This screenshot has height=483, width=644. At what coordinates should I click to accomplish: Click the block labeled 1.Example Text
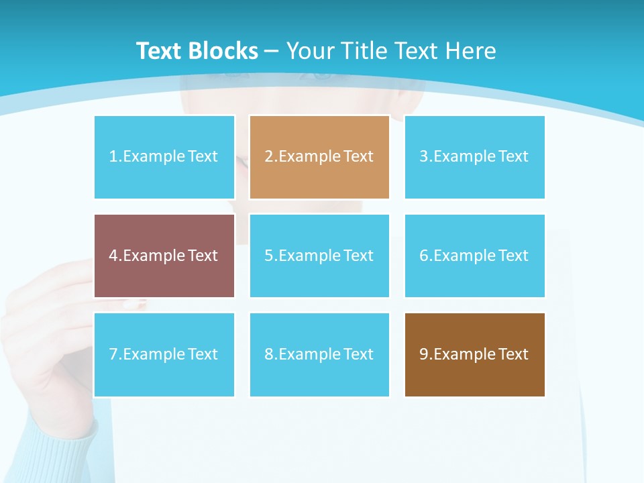(164, 157)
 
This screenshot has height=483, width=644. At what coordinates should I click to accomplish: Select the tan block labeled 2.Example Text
(319, 157)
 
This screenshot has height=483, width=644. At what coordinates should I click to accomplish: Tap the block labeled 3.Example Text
(474, 157)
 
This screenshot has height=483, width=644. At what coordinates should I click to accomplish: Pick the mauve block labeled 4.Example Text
(164, 256)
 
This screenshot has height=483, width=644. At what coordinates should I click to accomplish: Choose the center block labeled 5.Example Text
(319, 256)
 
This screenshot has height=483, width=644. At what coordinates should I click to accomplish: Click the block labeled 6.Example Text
(474, 256)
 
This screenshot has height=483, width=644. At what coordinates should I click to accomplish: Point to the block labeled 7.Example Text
(164, 354)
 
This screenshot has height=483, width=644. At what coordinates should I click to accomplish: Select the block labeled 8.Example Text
(319, 354)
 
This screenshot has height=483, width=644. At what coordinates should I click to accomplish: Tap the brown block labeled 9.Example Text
(474, 354)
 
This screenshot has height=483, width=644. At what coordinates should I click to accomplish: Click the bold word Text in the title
(158, 51)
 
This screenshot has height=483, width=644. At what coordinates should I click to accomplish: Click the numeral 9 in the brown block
(424, 354)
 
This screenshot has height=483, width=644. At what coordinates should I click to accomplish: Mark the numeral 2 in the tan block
(269, 157)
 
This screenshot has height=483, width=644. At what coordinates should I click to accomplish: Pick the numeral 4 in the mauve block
(113, 256)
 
